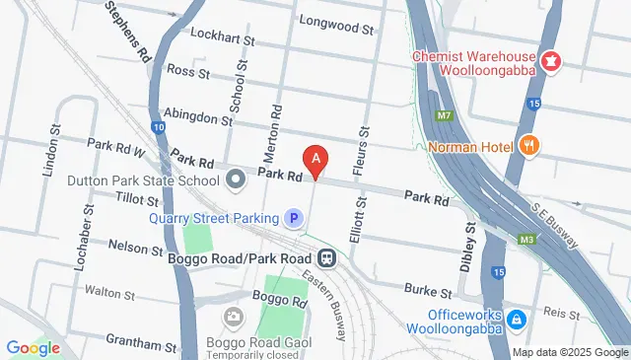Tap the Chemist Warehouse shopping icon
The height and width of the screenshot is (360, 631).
pos(550,62)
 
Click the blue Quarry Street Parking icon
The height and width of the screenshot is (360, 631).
pos(292,218)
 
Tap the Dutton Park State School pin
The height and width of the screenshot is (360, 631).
pos(235,180)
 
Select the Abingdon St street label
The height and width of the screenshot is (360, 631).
pos(197,114)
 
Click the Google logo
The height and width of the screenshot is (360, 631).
pos(33,347)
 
